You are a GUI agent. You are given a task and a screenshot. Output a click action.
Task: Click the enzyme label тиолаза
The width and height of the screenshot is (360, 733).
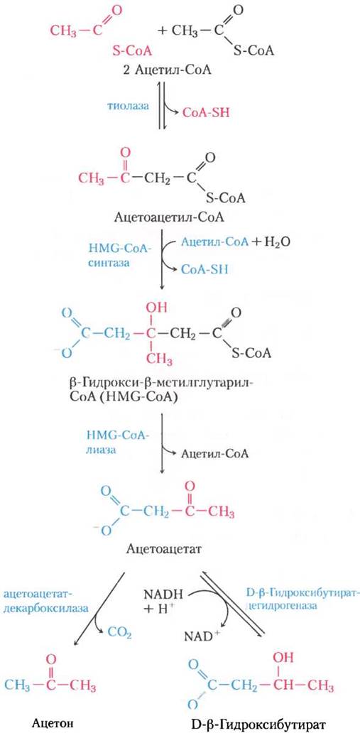tap(128, 106)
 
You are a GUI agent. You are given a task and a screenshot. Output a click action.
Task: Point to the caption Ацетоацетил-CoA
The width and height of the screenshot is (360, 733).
tap(169, 218)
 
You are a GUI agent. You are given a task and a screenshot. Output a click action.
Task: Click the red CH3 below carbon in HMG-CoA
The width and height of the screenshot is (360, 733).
tap(158, 360)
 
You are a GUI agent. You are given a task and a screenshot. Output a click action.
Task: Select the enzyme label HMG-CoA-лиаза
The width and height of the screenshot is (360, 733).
tap(117, 445)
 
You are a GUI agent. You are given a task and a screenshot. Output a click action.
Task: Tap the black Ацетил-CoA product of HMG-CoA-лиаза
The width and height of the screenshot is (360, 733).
tap(214, 453)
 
